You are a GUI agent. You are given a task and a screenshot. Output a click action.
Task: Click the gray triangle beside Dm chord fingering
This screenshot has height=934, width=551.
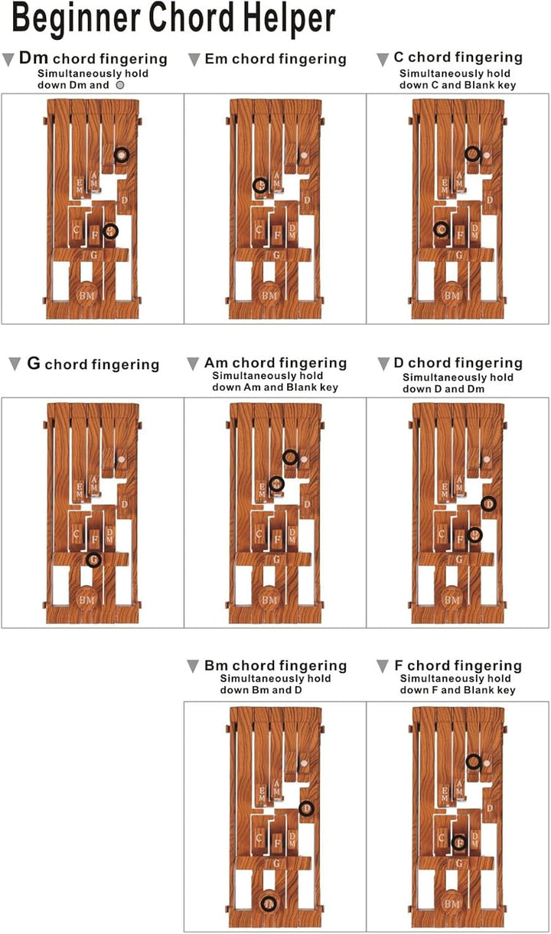pos(8,59)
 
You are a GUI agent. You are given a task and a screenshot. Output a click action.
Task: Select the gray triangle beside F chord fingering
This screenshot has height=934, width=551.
pos(383,667)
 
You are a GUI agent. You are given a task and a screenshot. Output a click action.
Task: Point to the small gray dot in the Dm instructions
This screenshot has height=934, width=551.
pos(120,85)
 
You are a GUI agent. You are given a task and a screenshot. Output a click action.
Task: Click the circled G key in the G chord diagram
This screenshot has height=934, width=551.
pos(93,560)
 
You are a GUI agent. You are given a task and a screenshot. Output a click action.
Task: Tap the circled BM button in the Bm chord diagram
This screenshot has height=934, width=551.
pos(268,903)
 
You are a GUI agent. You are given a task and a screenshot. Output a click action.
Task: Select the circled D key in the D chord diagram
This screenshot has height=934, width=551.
pos(488,504)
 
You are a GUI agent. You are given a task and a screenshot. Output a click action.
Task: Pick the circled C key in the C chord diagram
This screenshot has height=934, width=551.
pos(441,229)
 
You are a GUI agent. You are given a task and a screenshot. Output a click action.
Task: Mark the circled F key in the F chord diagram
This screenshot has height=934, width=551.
pos(458,842)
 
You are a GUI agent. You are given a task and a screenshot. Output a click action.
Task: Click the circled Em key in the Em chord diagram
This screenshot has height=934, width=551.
pos(260,185)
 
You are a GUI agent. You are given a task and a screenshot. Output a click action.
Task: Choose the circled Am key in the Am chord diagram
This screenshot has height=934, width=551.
pos(276,483)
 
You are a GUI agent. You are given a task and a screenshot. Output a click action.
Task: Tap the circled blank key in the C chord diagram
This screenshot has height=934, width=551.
pos(473,154)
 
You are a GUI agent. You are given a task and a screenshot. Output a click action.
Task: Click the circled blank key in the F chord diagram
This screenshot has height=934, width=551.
pos(473,761)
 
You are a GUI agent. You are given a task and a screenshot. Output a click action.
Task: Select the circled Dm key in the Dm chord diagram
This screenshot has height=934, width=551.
pos(111,230)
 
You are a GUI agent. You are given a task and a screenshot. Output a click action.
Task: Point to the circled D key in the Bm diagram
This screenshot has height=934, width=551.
pos(306,808)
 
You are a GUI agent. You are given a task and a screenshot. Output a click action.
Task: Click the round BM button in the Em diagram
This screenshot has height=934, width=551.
pos(269,295)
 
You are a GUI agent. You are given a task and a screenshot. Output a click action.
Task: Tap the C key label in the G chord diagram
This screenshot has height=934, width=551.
pos(77,533)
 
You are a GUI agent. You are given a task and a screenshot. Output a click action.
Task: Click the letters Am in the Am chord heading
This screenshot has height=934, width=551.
pos(217,363)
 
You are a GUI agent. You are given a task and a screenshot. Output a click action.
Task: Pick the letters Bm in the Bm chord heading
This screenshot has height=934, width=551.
pos(217,666)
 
